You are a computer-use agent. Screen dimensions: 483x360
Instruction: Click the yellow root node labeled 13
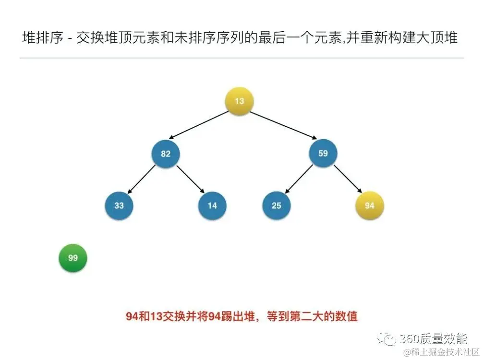[239, 101]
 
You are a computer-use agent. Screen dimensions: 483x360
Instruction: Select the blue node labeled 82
[166, 154]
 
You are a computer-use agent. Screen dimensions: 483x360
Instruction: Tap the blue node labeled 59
[323, 154]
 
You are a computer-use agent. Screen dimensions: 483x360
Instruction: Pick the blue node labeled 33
[119, 205]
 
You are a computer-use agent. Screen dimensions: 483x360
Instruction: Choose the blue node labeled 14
[212, 205]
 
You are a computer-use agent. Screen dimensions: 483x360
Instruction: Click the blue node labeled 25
[276, 205]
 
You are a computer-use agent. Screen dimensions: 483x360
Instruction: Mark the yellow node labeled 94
[369, 205]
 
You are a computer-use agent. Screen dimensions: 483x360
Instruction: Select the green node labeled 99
[72, 258]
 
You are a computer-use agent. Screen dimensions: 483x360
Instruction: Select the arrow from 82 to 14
[190, 179]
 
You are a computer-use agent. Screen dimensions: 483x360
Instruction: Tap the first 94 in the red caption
[132, 316]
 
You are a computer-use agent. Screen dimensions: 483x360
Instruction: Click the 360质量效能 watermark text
[433, 339]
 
